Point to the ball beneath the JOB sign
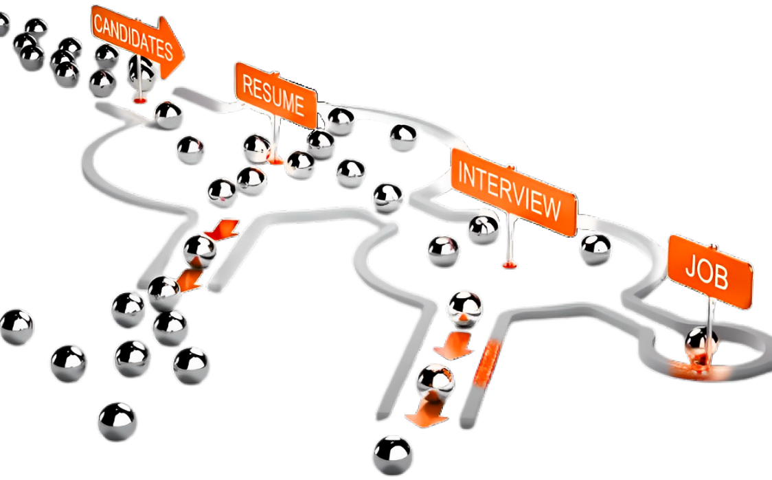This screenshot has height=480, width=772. pos(700,343)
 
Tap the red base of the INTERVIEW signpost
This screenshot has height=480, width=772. pos(508,264)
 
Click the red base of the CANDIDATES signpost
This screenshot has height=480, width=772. pos(139,100)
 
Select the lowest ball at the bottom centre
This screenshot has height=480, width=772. pos(394,453)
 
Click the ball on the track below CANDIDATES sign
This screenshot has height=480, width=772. pos(167,115)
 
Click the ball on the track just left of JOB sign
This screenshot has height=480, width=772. pos(595,249)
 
